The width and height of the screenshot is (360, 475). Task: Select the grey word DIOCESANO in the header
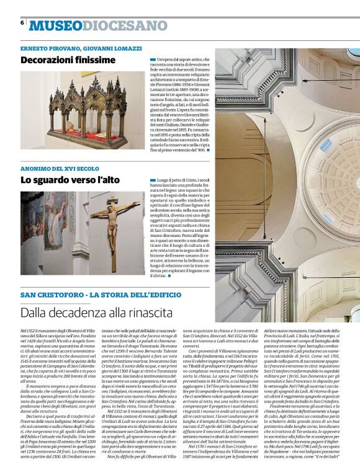116,25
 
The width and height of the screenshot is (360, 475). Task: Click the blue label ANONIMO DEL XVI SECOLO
60,169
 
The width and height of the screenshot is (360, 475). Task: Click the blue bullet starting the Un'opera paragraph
152,60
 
